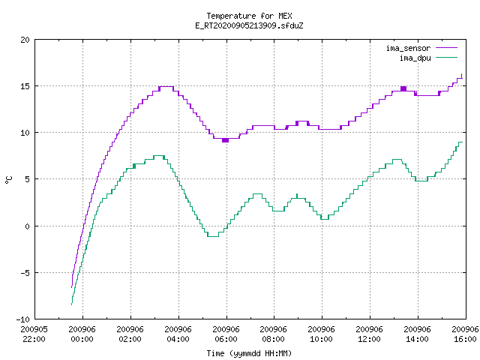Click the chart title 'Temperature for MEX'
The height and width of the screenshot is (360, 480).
[x=249, y=16]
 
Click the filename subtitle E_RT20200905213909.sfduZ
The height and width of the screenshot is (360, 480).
[x=249, y=25]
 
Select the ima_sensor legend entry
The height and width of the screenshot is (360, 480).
[x=421, y=48]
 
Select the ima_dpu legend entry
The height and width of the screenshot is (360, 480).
[x=428, y=58]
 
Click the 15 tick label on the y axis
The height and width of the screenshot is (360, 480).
[x=25, y=86]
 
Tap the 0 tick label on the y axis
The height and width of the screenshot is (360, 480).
[x=27, y=226]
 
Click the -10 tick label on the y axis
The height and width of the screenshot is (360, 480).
[x=23, y=319]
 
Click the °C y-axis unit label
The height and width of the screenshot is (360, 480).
[x=8, y=180]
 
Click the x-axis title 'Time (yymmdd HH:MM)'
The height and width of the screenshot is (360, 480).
[x=249, y=353]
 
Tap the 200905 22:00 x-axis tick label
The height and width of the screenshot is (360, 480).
[x=34, y=334]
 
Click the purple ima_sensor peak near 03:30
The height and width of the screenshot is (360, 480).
[x=166, y=87]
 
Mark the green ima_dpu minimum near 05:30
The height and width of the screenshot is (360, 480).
[x=213, y=236]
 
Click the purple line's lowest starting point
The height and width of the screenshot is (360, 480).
[x=72, y=287]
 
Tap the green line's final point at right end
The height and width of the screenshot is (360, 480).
[x=462, y=142]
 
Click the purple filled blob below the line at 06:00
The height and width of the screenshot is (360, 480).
[x=225, y=140]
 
